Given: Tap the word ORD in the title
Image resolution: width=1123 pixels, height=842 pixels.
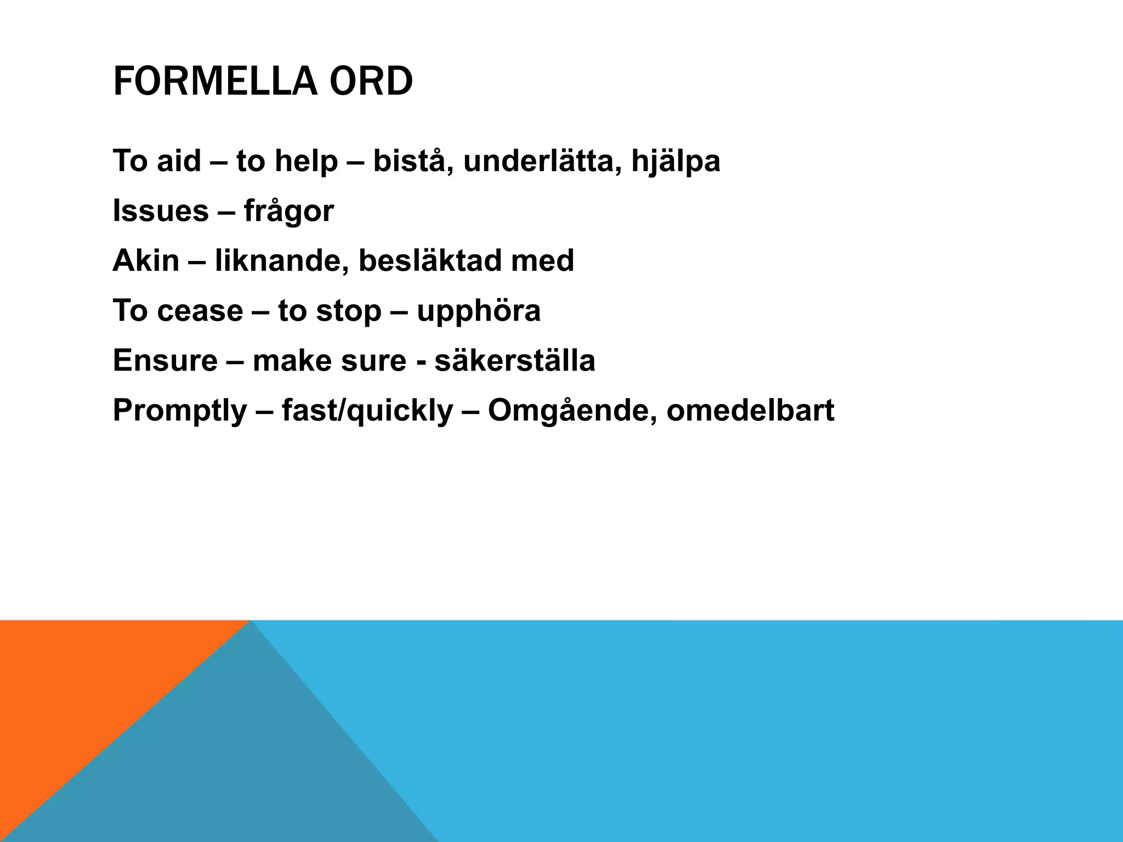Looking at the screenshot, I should pos(371,82).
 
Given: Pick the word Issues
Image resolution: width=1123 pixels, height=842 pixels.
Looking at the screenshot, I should pos(161,211).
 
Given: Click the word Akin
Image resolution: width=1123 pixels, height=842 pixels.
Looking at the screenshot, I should pos(146,260).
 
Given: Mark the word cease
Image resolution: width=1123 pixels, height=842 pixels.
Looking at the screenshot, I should pos(200,311).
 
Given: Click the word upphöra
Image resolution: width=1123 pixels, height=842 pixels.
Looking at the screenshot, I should pos(478,311).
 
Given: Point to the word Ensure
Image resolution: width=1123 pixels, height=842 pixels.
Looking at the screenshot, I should pos(165,361).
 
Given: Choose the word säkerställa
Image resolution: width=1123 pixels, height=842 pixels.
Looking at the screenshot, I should pos(514,361).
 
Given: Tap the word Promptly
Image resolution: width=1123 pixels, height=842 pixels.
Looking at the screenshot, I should pos(180,411).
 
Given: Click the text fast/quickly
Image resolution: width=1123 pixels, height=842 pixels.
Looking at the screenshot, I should pos(367,411).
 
